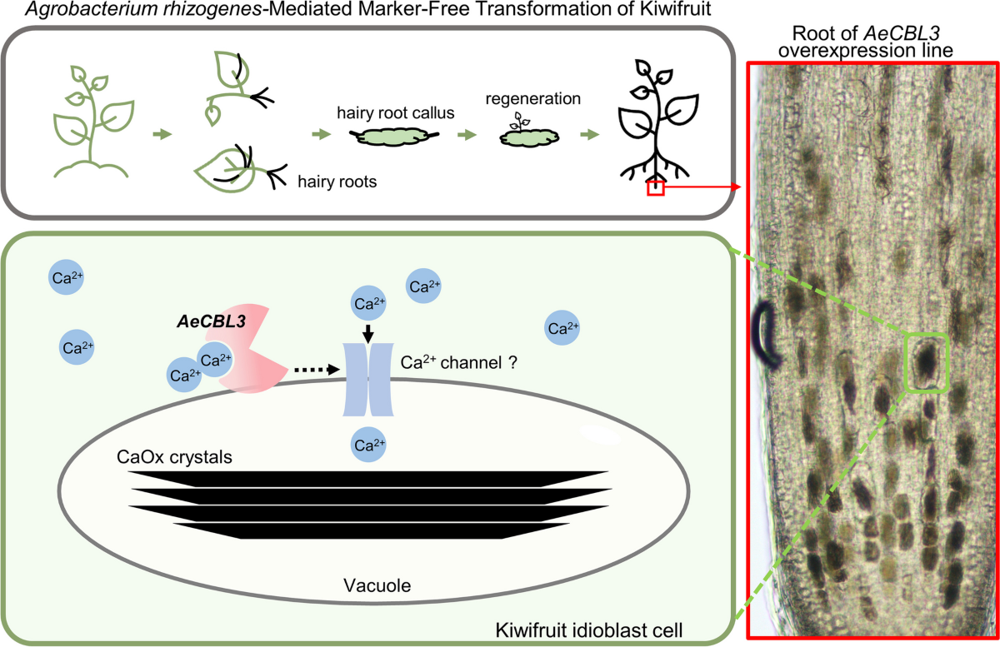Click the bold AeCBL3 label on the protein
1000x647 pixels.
tap(212, 321)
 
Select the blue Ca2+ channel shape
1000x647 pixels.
tap(368, 379)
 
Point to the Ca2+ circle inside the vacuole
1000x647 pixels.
tap(368, 445)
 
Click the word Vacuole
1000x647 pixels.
tap(377, 585)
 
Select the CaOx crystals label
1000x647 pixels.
tap(174, 457)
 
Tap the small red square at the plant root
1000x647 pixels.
tap(656, 188)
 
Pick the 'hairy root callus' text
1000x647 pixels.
tap(396, 113)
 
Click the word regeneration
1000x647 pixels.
tap(533, 98)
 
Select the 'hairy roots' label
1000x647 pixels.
tap(337, 182)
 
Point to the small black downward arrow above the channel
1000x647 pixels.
tap(367, 334)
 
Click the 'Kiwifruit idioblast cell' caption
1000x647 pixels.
tap(589, 630)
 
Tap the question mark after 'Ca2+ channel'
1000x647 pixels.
tap(512, 362)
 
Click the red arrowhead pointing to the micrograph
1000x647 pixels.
tap(736, 187)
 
